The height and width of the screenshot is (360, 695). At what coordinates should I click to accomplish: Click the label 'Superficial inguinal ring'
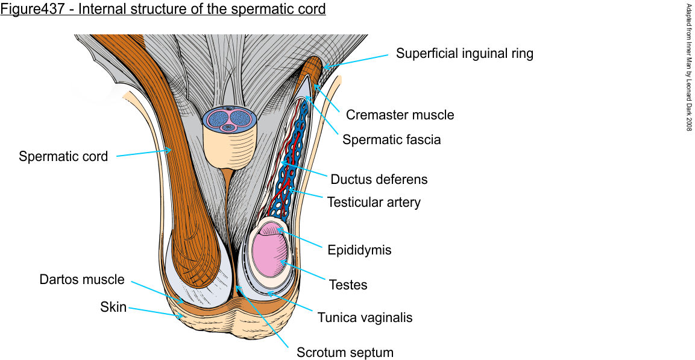point(464,54)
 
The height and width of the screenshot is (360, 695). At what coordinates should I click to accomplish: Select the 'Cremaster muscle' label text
point(400,115)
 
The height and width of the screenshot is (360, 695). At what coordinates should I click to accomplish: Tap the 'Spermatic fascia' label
point(391,140)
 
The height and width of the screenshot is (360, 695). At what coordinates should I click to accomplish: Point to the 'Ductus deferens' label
point(379,179)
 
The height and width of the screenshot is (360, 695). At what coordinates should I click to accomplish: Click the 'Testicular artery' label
point(374,202)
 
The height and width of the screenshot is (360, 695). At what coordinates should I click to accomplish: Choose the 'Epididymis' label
point(359,250)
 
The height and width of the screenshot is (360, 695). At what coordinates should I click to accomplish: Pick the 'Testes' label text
point(348,284)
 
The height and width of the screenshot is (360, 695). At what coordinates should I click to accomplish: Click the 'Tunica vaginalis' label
point(365,317)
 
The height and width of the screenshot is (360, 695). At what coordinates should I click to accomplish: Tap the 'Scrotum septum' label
point(345,353)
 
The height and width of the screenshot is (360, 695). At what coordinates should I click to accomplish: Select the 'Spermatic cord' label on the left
point(63,157)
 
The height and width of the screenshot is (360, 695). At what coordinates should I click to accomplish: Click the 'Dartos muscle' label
point(82,280)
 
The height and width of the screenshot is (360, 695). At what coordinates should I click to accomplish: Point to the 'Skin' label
point(113,308)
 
